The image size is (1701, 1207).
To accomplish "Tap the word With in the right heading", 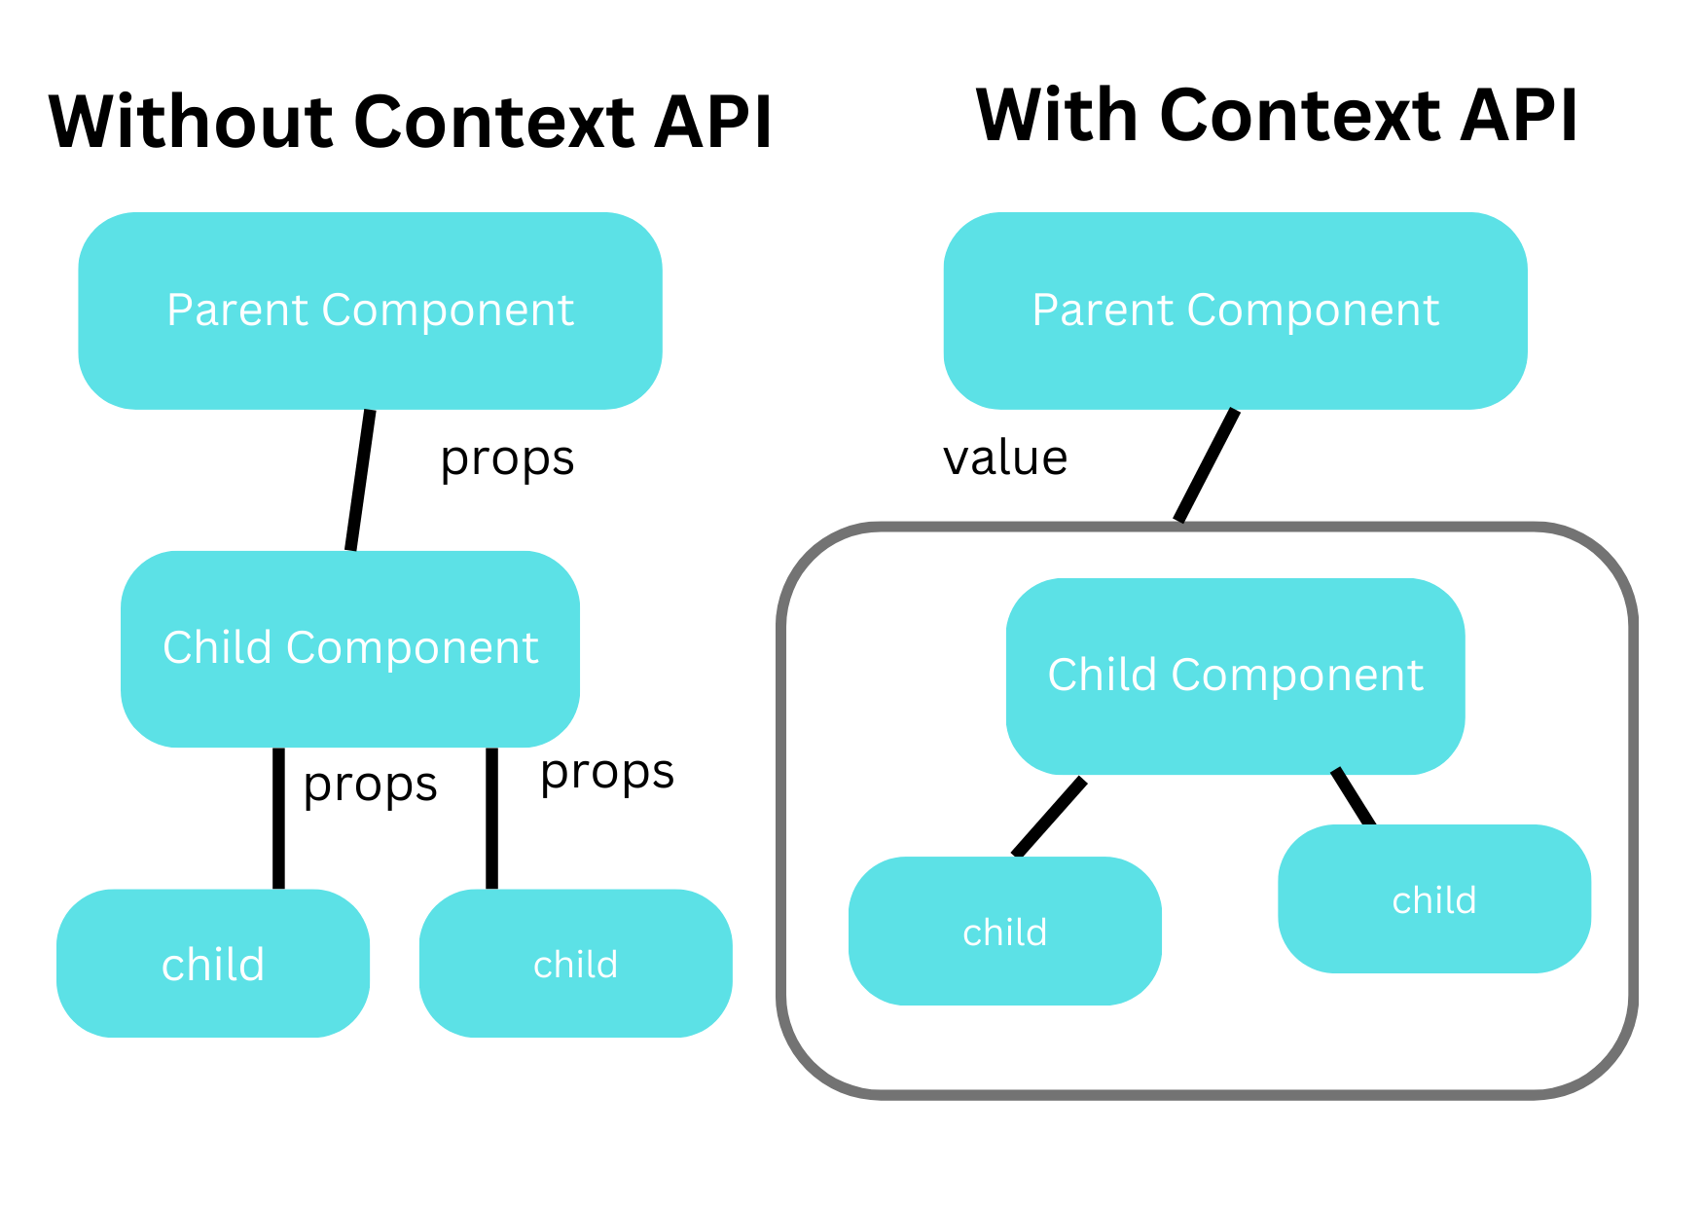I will click(1057, 115).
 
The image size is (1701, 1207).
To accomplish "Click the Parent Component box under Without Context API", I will click(370, 311).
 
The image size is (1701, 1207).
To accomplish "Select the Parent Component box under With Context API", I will click(1235, 311).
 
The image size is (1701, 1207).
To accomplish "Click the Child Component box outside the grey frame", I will click(350, 648).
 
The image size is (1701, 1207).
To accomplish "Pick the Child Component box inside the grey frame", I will click(1235, 676).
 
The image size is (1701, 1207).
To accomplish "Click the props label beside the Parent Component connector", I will click(507, 457).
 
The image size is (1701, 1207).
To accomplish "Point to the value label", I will click(1005, 457).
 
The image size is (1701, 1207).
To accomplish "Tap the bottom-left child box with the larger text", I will click(213, 964).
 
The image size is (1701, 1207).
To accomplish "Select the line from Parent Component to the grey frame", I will click(1207, 465).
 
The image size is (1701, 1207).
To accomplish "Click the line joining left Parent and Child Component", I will click(360, 480).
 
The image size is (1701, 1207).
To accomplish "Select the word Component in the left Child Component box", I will click(412, 648).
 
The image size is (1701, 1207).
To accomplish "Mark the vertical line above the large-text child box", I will click(278, 818).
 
